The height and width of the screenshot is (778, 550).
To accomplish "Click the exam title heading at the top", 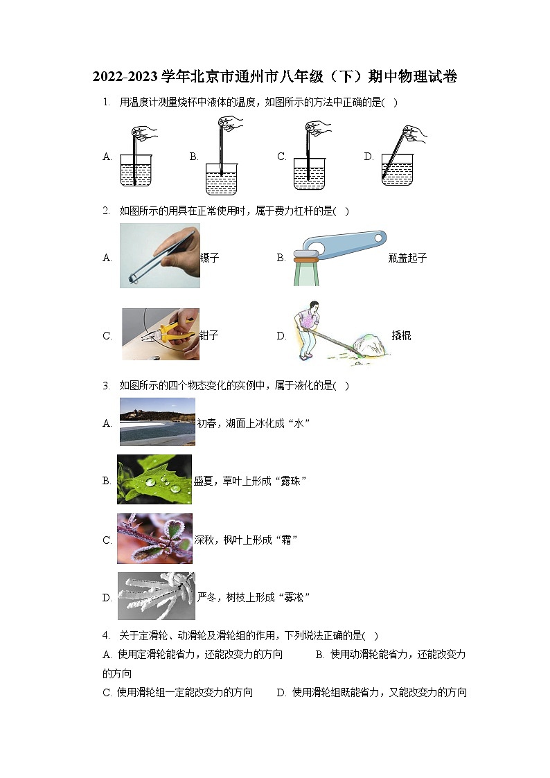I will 275,77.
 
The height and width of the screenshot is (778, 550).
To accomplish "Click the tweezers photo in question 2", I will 159,256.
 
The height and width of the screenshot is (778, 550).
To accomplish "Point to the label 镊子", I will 209,258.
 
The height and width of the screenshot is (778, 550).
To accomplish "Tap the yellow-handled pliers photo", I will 161,334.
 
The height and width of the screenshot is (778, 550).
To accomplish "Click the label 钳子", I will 209,336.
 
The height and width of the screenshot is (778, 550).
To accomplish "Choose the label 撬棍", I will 401,336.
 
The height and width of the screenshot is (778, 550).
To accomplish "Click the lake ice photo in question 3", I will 157,421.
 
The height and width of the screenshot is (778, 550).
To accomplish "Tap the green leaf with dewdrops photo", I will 154,479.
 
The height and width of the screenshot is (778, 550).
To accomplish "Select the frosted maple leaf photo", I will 154,538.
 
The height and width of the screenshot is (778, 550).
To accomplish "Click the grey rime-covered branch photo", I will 156,596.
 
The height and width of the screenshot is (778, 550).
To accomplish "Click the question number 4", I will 105,635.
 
